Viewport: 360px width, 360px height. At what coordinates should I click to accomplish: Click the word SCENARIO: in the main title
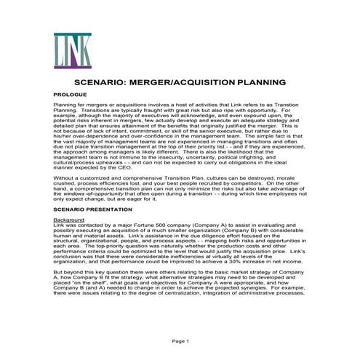tap(110, 84)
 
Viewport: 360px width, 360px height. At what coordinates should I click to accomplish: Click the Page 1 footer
tap(180, 341)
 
